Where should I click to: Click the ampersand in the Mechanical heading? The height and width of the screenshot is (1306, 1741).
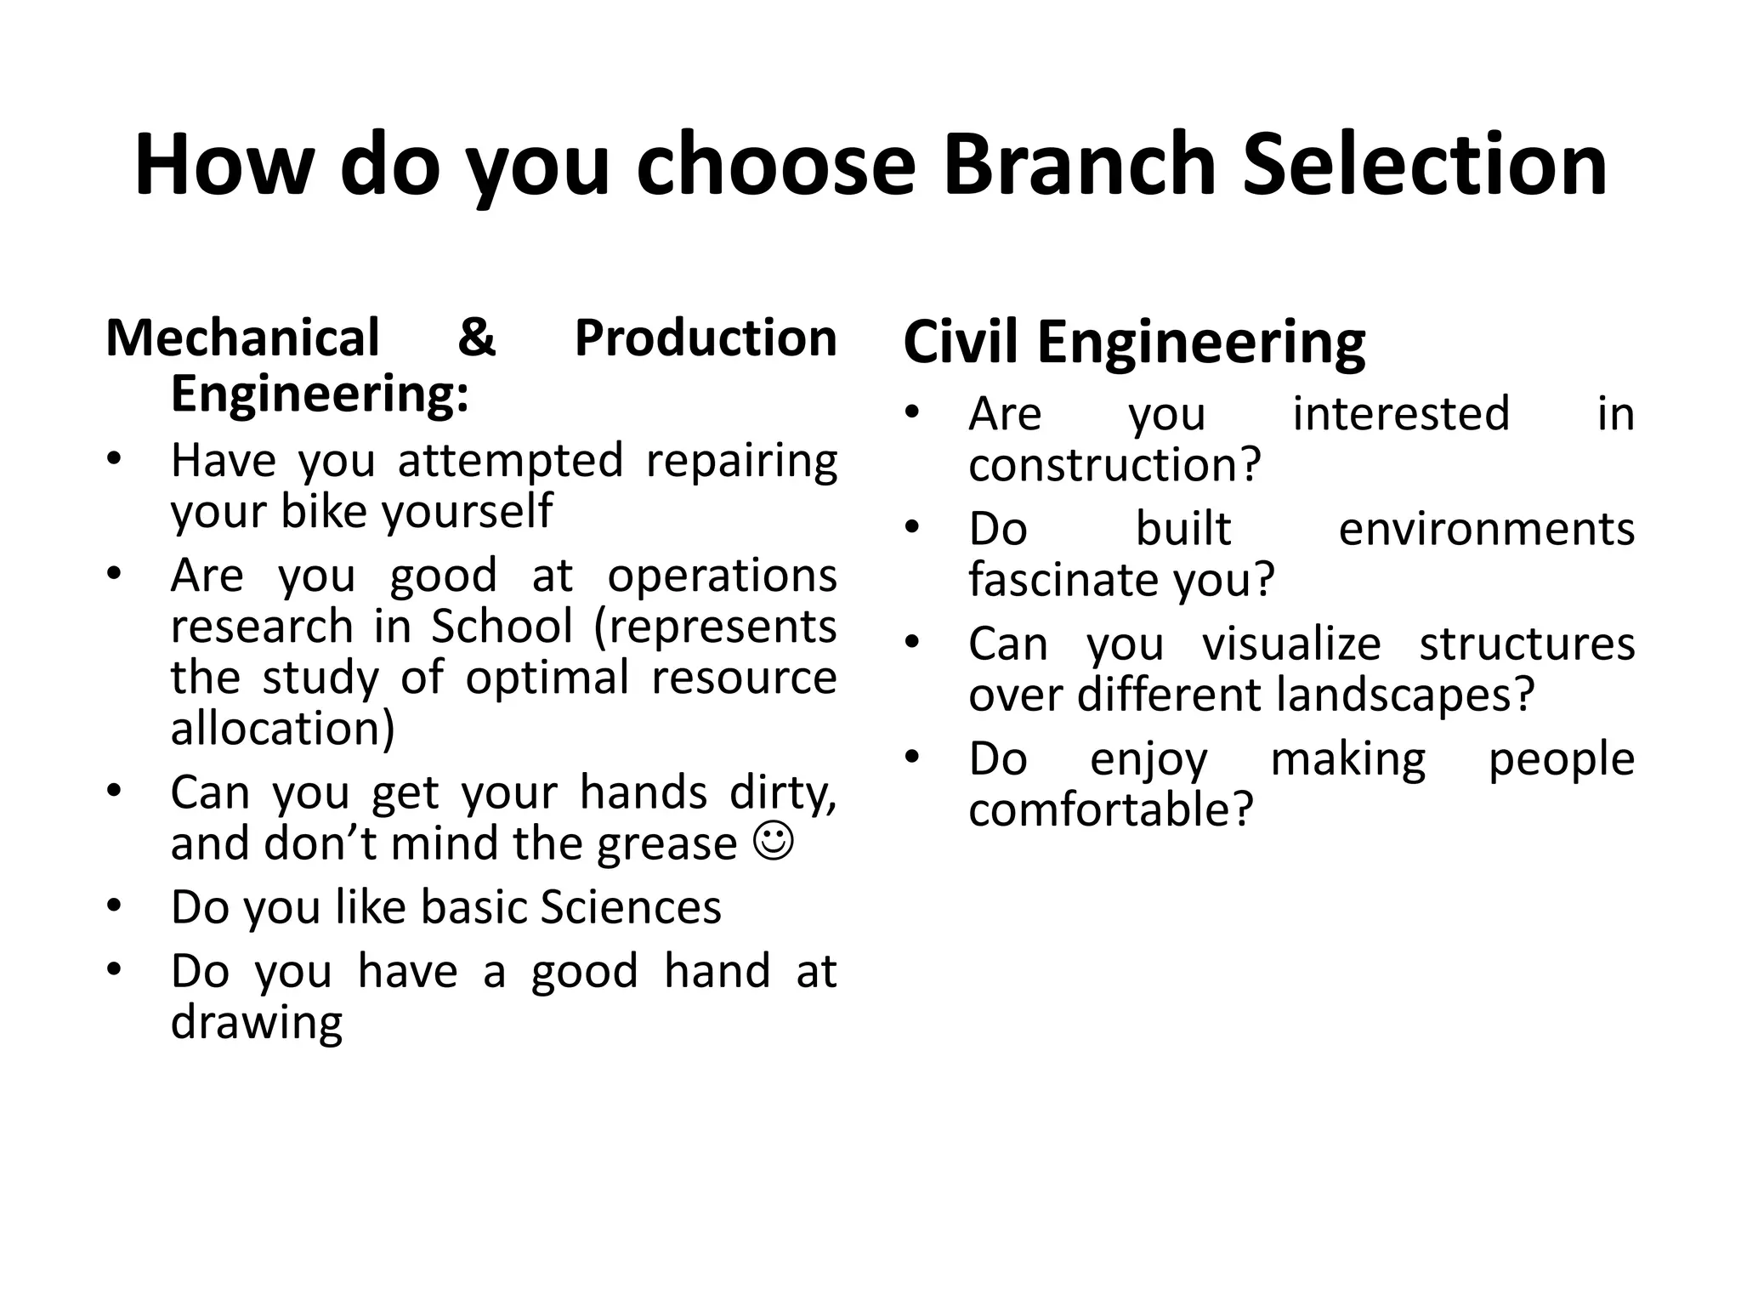pyautogui.click(x=476, y=337)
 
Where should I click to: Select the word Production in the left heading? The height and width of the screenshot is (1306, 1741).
pyautogui.click(x=706, y=338)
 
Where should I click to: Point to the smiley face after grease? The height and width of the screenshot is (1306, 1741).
pyautogui.click(x=774, y=841)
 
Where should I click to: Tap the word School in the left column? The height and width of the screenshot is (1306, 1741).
pyautogui.click(x=502, y=627)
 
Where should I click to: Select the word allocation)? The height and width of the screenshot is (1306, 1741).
pyautogui.click(x=283, y=729)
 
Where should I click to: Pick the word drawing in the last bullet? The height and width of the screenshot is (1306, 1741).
pyautogui.click(x=257, y=1023)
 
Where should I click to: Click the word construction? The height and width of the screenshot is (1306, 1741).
pyautogui.click(x=1114, y=465)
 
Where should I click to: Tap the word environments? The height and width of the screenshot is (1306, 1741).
pyautogui.click(x=1486, y=529)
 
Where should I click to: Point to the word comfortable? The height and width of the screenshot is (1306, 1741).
pyautogui.click(x=1110, y=809)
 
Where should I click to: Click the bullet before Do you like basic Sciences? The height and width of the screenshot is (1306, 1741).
pyautogui.click(x=115, y=906)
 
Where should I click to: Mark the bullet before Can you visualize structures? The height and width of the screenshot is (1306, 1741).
pyautogui.click(x=912, y=642)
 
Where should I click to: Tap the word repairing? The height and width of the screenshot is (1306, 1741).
pyautogui.click(x=741, y=462)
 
